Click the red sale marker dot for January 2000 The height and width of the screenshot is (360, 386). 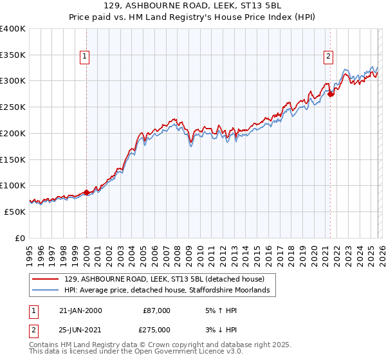pyautogui.click(x=86, y=192)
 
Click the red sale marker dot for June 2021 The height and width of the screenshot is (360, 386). pyautogui.click(x=330, y=94)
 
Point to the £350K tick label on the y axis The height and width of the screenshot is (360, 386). pyautogui.click(x=12, y=55)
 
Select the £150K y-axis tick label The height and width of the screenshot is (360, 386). pyautogui.click(x=12, y=159)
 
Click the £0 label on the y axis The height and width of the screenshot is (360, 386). pyautogui.click(x=19, y=238)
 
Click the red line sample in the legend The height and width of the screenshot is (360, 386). pyautogui.click(x=45, y=280)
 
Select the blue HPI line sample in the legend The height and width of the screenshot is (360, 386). pyautogui.click(x=45, y=291)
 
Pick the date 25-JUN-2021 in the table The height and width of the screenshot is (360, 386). pyautogui.click(x=80, y=329)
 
